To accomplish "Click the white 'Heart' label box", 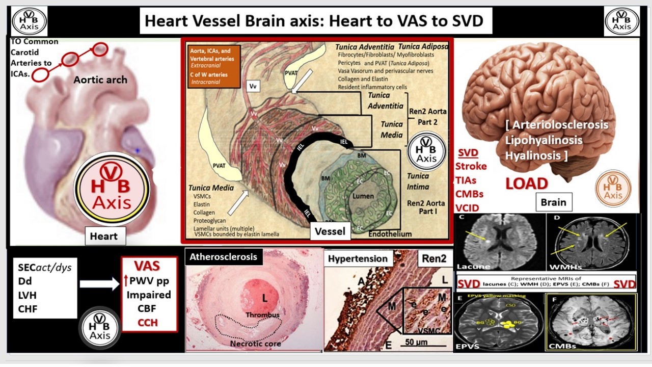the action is (103, 236).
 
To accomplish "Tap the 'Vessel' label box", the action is (330, 231).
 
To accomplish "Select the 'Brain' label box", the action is (553, 202).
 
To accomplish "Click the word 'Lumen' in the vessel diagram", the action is (363, 196).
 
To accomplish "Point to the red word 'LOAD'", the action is (526, 183).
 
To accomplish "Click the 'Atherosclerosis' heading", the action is (223, 257).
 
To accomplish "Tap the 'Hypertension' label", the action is (358, 258).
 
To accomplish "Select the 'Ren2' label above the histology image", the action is (434, 258).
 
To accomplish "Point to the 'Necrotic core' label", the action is (256, 344).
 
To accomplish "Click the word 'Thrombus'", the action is (262, 314).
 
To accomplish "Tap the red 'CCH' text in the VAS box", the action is (147, 322).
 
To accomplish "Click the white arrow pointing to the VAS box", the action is (99, 284).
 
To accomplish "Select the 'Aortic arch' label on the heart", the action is (100, 80).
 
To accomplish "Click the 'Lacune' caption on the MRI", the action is (474, 266).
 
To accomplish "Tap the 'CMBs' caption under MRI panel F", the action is (562, 346).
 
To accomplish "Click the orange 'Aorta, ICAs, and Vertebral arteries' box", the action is (212, 65).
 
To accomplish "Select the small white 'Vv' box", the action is (253, 86).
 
